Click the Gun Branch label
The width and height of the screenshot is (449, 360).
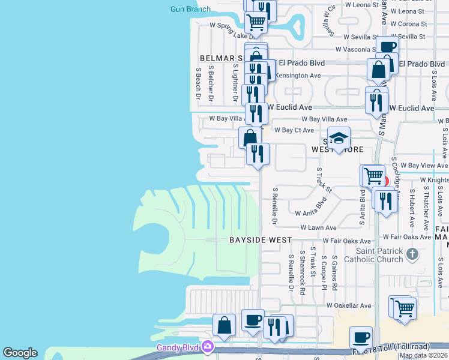coord(190,9)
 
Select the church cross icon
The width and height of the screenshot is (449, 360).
coord(412,254)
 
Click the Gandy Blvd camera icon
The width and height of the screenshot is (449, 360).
coord(208,346)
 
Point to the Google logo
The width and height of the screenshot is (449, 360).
coord(20,353)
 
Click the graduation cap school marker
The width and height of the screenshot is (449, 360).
coord(339,139)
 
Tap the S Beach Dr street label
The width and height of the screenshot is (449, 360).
coord(198,83)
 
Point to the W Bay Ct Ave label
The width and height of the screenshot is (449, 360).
coord(294,130)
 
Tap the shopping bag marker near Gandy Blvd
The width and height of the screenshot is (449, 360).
coord(224,325)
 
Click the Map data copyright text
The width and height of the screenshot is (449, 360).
coord(423,355)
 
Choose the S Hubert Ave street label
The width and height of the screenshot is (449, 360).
coord(412,209)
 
